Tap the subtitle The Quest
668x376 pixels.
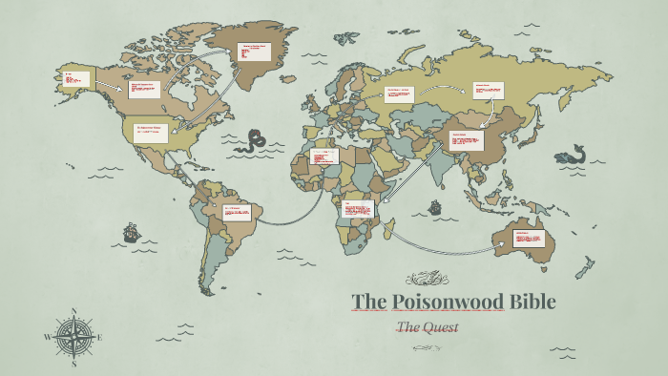[428, 327]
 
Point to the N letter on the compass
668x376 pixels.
[74, 311]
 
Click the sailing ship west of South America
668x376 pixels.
[130, 232]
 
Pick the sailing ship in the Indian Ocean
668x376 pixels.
[434, 206]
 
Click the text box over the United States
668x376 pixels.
[151, 132]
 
